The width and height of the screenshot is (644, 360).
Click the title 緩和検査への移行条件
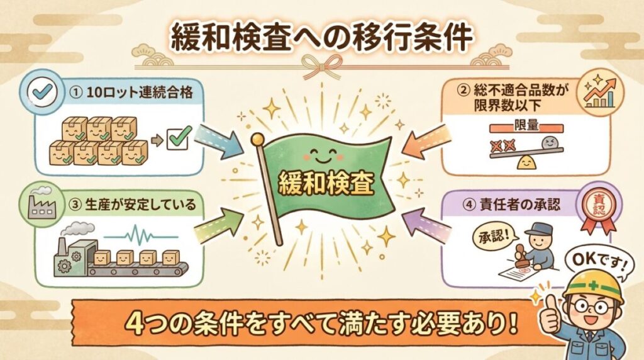[321, 37]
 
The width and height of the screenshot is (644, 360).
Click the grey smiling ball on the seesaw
[552, 144]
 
